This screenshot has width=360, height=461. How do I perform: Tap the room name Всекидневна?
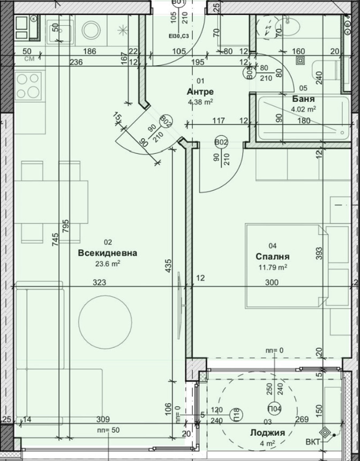108,253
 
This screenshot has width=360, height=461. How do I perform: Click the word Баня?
303,99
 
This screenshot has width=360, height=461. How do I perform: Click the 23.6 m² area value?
108,263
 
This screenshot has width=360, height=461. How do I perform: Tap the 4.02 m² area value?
303,109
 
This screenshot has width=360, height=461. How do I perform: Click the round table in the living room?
105,322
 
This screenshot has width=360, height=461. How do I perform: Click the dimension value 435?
168,266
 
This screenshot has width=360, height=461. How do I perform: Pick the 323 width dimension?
99,282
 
